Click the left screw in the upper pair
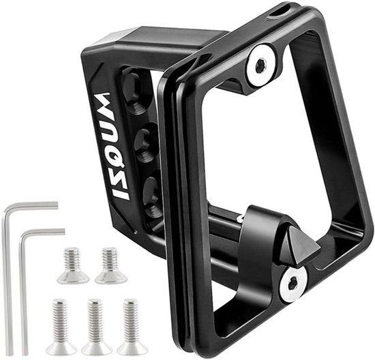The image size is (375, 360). coord(73,265)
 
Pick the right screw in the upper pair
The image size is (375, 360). coord(110,265)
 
